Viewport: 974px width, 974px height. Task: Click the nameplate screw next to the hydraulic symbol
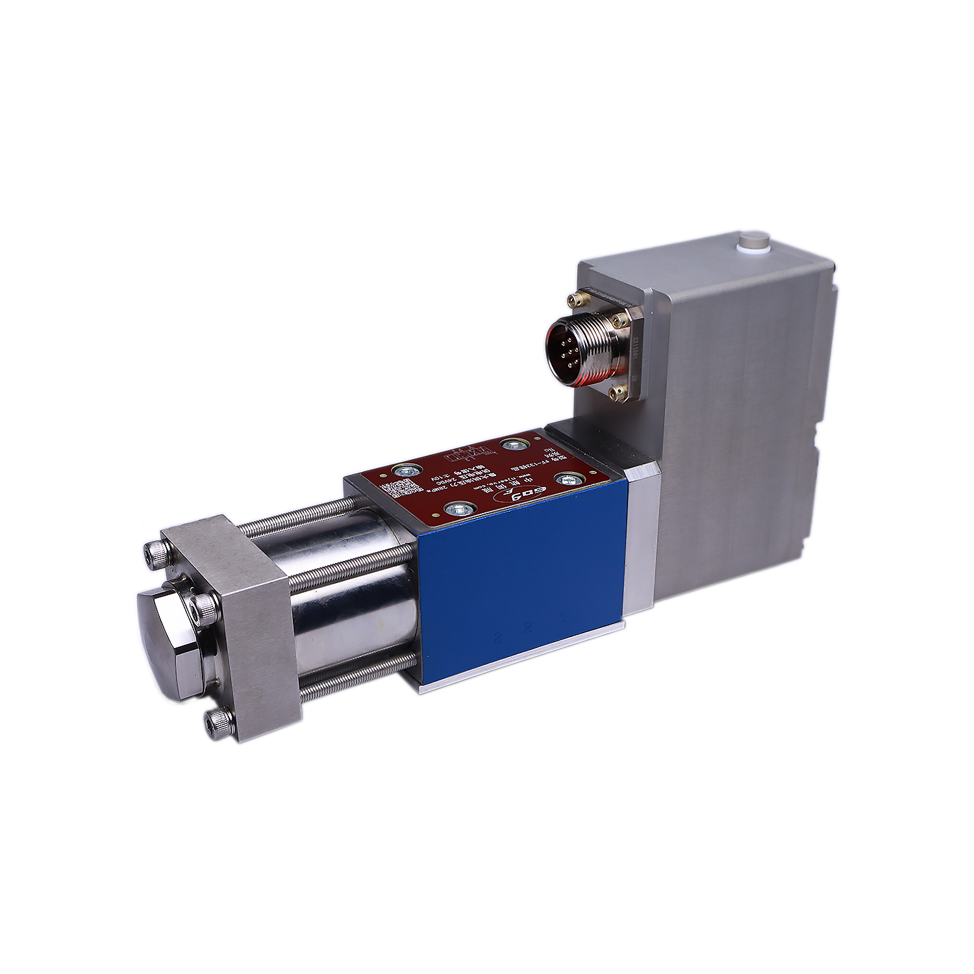tap(513, 445)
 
